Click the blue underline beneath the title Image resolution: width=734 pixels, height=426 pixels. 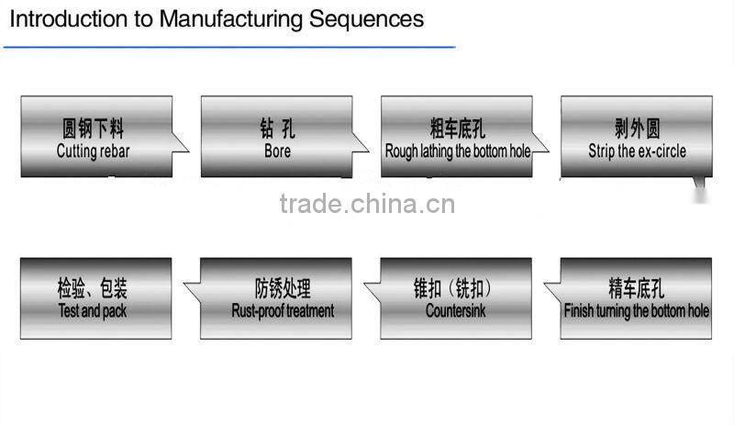coord(229,46)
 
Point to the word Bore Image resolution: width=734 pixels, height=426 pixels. coord(277,151)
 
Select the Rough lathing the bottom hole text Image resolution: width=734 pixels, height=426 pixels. coord(457,151)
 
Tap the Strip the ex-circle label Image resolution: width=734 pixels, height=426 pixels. coord(637,151)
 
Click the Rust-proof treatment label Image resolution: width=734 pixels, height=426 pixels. coord(283,311)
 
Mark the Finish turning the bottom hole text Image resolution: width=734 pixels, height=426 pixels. coord(637,311)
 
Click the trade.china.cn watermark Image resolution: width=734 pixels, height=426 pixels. coord(367,204)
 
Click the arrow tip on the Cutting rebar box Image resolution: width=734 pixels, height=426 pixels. coord(187,150)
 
